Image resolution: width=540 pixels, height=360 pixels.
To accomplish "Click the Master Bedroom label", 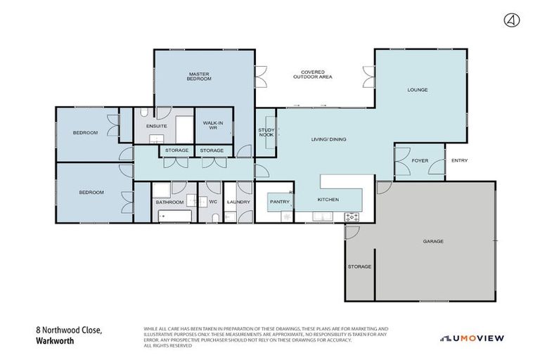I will pos(199,76).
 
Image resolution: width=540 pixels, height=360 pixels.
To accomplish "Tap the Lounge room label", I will pos(418,90).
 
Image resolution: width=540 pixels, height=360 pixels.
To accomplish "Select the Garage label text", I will pos(433,241).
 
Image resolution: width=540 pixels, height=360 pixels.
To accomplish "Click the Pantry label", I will pos(280,202).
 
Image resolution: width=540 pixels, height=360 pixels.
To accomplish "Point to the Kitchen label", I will pos(328,200).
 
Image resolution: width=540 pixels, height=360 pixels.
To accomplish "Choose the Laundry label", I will pos(238,202).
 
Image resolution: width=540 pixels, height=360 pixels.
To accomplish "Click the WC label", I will pos(213,202).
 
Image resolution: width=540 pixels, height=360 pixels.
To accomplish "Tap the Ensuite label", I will pos(156,126).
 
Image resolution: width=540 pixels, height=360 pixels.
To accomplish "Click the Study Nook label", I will pos(266,132).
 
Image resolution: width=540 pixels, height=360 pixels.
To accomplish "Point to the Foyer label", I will pos(420,161).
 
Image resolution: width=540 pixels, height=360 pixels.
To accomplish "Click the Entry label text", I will pos(459,161).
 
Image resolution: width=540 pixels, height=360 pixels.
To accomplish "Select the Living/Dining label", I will pos(329,139).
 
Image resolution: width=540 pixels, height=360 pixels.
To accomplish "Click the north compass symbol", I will pos(511,20).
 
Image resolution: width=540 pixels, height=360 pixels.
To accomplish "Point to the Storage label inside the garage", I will pos(359,266).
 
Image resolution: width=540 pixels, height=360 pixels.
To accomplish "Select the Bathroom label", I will pos(169,202).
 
